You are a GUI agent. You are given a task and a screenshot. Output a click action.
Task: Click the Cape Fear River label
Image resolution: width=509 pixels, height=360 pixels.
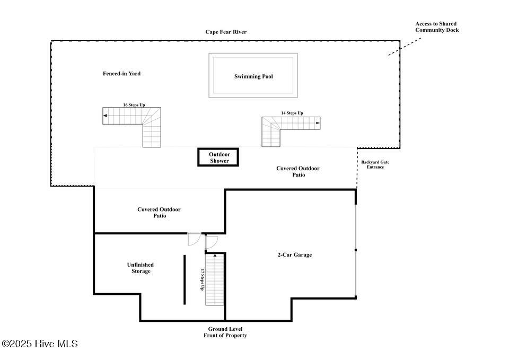pyautogui.click(x=226, y=32)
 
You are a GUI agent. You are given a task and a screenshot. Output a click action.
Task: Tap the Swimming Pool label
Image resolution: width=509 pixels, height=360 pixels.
pyautogui.click(x=253, y=76)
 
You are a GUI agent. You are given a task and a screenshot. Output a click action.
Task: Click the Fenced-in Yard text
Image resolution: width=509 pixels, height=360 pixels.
pyautogui.click(x=122, y=74)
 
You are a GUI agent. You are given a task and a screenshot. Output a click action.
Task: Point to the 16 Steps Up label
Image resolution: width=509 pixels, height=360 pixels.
pyautogui.click(x=134, y=105)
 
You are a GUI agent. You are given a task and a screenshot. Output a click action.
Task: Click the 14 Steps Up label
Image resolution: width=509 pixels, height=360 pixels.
pyautogui.click(x=292, y=113)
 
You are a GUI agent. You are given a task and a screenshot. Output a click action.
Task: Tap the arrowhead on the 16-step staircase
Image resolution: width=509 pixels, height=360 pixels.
pyautogui.click(x=105, y=116)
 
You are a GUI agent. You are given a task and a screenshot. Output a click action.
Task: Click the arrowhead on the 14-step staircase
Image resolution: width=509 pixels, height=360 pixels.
pyautogui.click(x=318, y=123)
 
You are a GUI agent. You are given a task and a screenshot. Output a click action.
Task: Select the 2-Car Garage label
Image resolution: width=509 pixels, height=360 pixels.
pyautogui.click(x=295, y=255)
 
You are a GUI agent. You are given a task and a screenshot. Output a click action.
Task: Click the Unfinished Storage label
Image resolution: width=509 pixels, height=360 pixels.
pyautogui.click(x=141, y=268)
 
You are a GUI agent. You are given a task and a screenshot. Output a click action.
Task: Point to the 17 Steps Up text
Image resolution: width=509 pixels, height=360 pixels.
pyautogui.click(x=202, y=279)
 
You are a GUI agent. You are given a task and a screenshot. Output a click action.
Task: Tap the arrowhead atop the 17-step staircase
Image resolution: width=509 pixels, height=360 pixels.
pyautogui.click(x=215, y=256)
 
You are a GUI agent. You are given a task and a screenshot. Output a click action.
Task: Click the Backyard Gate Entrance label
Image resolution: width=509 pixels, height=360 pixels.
pyautogui.click(x=375, y=164)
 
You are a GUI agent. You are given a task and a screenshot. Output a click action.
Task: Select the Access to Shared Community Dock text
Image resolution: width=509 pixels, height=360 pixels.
pyautogui.click(x=437, y=27)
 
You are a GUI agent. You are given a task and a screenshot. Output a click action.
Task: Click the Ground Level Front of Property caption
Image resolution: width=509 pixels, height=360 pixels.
pyautogui.click(x=225, y=332)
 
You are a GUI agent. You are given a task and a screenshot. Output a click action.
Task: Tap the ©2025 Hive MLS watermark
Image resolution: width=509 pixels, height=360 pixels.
pyautogui.click(x=40, y=344)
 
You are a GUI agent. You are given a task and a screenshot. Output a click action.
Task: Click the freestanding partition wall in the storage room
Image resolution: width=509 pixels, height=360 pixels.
pyautogui.click(x=185, y=279)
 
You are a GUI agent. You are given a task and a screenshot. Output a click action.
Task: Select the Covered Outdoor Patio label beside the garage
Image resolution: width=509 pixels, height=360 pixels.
pyautogui.click(x=159, y=212)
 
